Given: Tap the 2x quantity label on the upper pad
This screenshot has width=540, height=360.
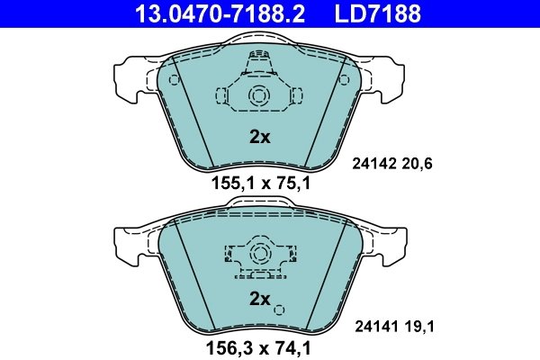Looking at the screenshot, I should (x=259, y=138).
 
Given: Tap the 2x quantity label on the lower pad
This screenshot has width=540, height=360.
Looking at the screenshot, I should (x=259, y=299).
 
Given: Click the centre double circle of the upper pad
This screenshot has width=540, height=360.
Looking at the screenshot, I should (x=258, y=97).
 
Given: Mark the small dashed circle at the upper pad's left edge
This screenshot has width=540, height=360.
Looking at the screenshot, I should (x=174, y=79).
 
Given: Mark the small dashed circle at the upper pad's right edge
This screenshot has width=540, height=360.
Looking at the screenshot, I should (x=343, y=79).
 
